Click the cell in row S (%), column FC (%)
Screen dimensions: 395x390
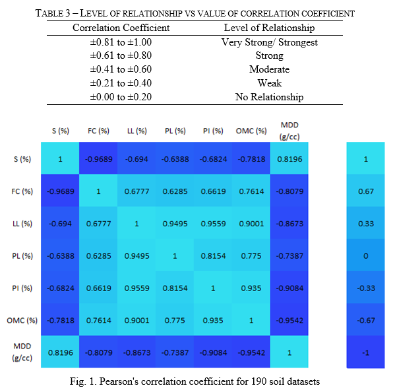coord(98,158)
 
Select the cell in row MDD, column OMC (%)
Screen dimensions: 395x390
coord(251,352)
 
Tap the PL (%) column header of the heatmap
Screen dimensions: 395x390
coord(175,131)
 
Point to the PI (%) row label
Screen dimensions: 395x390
coord(22,288)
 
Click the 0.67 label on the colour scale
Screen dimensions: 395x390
coord(366,191)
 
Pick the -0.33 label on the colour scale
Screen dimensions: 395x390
coord(366,288)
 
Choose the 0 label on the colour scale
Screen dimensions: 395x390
coord(366,256)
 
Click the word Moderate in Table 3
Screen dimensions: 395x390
coord(269,69)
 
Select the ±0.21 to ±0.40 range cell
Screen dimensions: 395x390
coord(121,83)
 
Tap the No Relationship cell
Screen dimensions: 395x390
coord(269,97)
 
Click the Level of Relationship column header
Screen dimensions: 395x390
coord(269,28)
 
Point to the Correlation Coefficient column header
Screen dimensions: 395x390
coord(121,28)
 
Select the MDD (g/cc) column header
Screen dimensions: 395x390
coord(289,131)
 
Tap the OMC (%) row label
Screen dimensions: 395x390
coord(22,320)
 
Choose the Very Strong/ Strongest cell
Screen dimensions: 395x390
coord(269,42)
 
